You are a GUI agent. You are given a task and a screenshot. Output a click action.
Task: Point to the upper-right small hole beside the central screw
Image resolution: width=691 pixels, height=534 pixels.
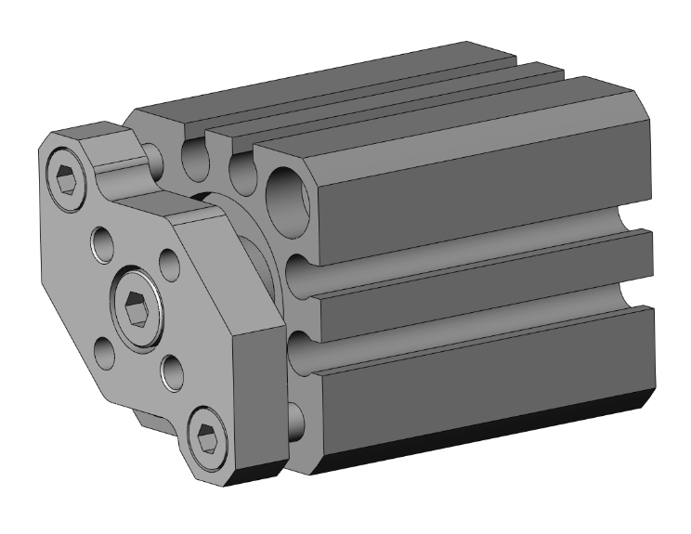click(168, 262)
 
